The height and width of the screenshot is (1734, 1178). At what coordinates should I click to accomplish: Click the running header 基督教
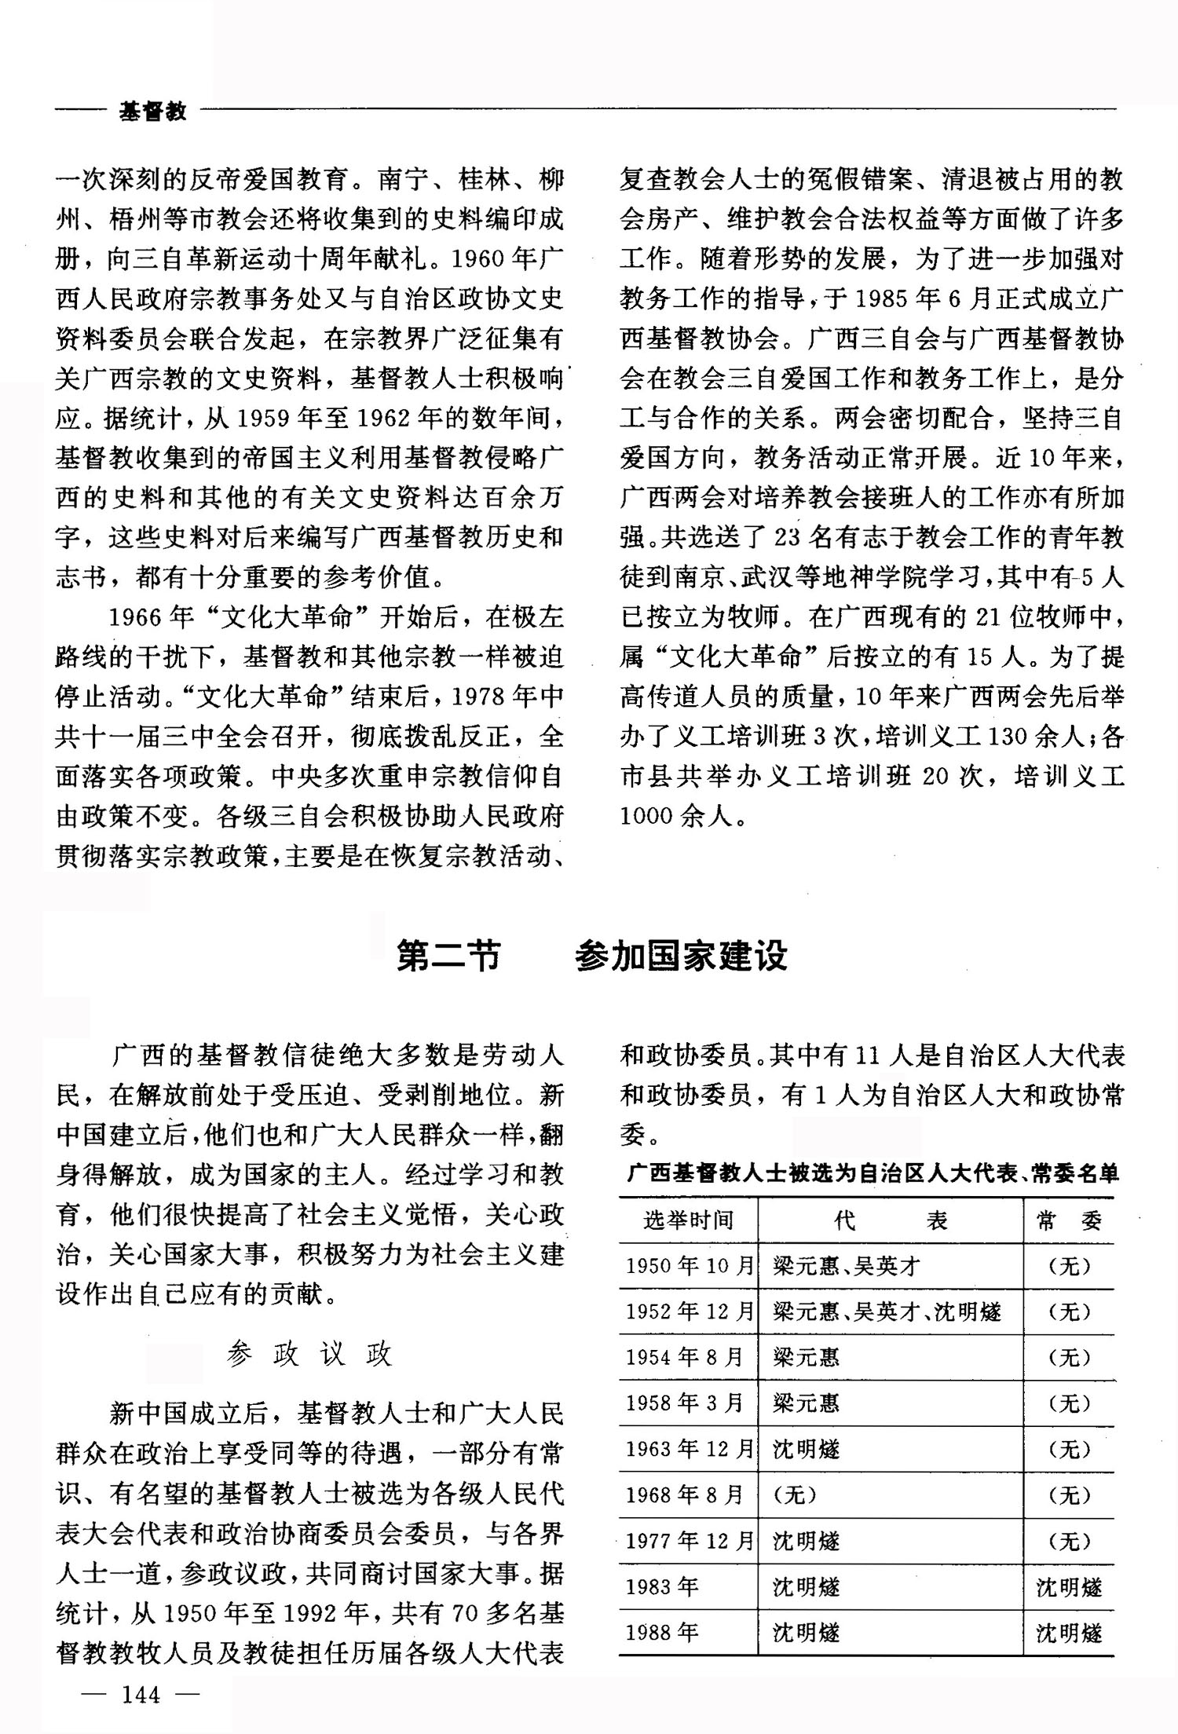click(x=152, y=112)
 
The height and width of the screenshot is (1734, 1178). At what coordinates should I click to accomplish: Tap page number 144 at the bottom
click(x=141, y=1695)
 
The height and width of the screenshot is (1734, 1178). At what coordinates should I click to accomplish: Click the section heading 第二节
click(x=448, y=956)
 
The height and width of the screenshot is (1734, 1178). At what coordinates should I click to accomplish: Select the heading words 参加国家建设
click(x=681, y=956)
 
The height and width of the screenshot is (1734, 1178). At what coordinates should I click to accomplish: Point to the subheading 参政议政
click(x=309, y=1354)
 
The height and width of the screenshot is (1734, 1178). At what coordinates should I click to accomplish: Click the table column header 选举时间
click(x=688, y=1220)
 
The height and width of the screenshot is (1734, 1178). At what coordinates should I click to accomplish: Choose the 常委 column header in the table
click(x=1069, y=1220)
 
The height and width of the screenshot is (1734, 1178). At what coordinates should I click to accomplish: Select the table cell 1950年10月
click(x=689, y=1266)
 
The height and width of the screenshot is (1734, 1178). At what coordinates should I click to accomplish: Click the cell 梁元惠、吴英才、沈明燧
click(x=887, y=1311)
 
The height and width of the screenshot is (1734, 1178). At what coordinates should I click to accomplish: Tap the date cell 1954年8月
click(x=684, y=1357)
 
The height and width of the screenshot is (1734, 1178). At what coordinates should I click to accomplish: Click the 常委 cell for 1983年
click(x=1069, y=1587)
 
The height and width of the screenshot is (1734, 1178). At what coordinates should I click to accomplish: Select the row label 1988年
click(x=662, y=1633)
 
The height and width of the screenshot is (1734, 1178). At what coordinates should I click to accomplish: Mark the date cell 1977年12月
click(x=689, y=1541)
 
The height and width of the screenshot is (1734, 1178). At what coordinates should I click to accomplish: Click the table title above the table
click(x=873, y=1173)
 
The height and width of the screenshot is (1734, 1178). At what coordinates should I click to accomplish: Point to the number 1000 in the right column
click(x=646, y=817)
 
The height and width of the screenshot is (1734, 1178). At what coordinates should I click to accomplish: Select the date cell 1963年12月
click(x=689, y=1449)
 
